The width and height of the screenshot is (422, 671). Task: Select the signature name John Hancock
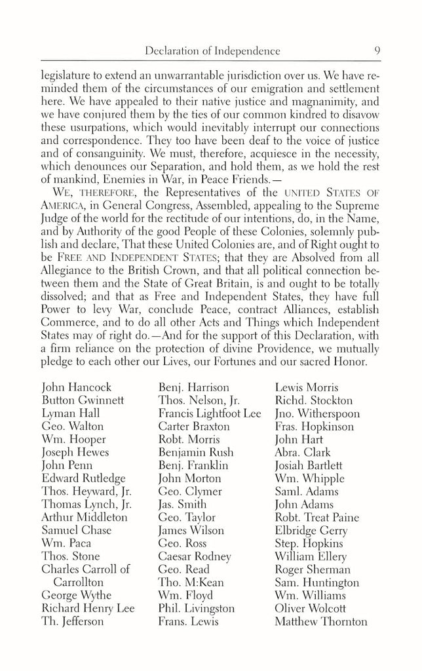(76, 387)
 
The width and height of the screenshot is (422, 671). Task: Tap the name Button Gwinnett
(82, 400)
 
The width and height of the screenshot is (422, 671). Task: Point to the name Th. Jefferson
(72, 621)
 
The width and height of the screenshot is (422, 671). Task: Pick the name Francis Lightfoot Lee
(209, 413)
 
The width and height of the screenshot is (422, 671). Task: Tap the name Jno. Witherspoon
(317, 413)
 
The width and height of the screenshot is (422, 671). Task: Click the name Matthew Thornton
(320, 621)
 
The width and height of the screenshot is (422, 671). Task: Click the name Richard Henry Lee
(88, 608)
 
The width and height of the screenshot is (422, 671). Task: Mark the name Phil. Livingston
(196, 608)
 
